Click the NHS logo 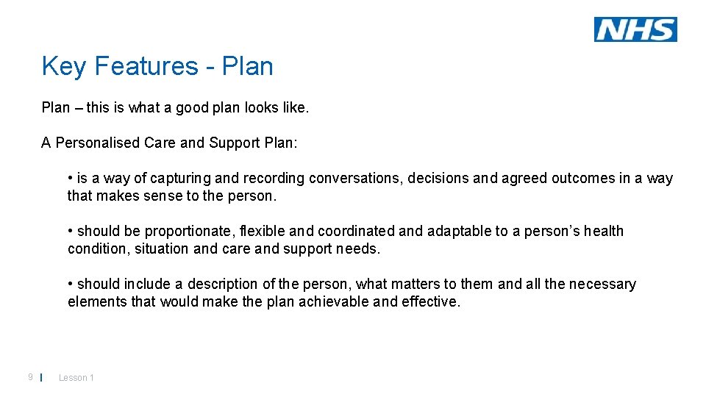click(635, 29)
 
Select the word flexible click(265, 231)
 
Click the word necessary click(599, 284)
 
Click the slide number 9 click(30, 377)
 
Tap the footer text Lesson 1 click(76, 378)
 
